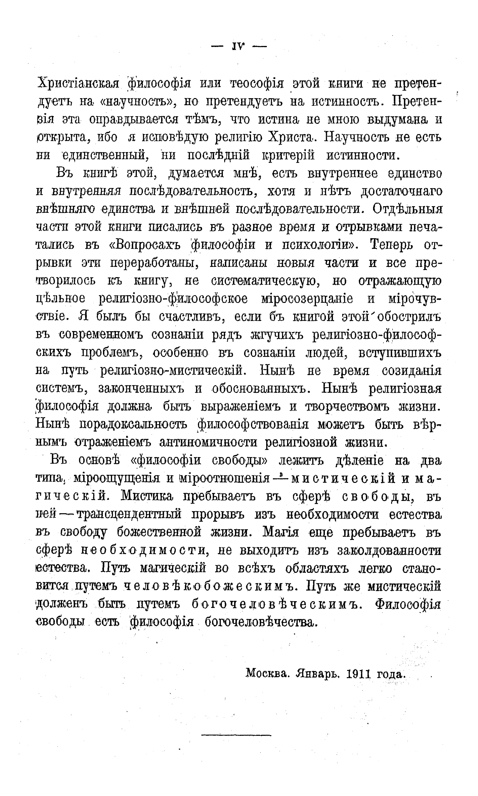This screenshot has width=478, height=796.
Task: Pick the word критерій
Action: pyautogui.click(x=288, y=156)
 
